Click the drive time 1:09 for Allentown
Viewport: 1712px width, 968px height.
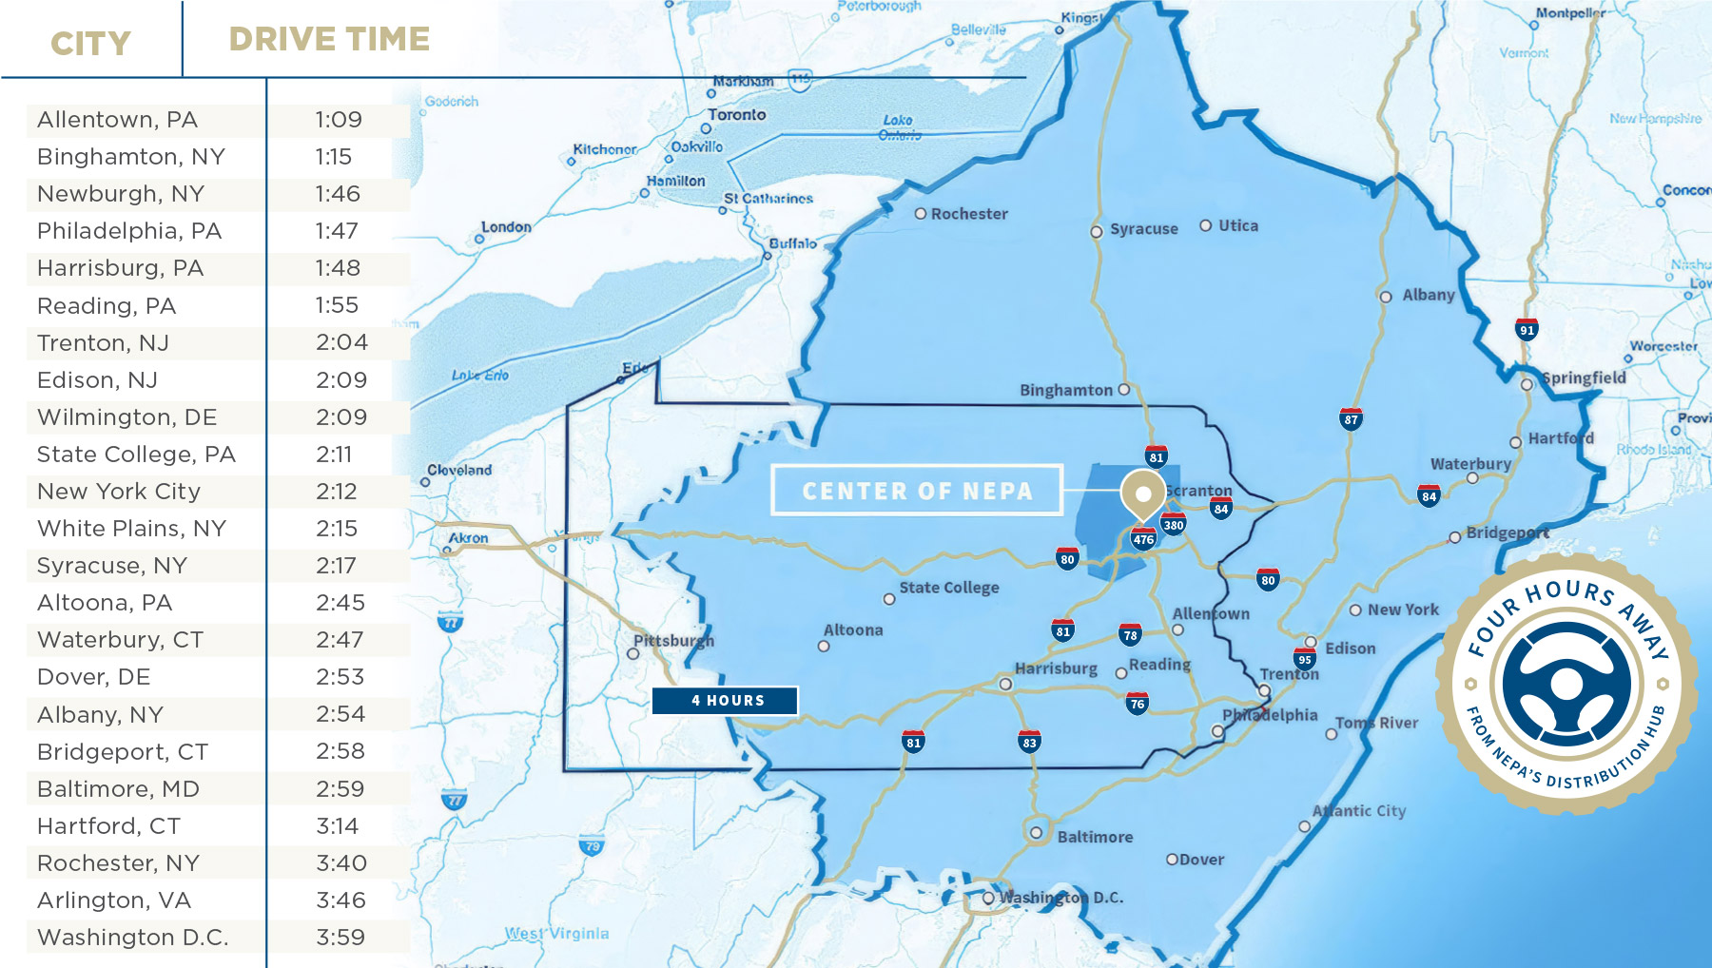pyautogui.click(x=339, y=120)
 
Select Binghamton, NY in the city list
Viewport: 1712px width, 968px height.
pyautogui.click(x=130, y=157)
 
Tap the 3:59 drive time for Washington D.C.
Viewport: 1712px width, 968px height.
pyautogui.click(x=340, y=938)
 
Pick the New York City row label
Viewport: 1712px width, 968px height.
pyautogui.click(x=119, y=492)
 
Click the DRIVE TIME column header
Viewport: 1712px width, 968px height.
pyautogui.click(x=329, y=39)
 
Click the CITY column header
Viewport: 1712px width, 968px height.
pyautogui.click(x=90, y=44)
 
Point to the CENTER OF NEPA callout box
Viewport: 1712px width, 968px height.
pyautogui.click(x=916, y=491)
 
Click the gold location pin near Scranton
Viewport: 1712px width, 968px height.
pyautogui.click(x=1142, y=494)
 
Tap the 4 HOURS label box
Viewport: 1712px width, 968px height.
pyautogui.click(x=725, y=701)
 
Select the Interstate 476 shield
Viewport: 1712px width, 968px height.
pyautogui.click(x=1143, y=539)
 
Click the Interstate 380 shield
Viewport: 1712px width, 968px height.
pyautogui.click(x=1174, y=525)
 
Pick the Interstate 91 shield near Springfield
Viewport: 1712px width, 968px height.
pyautogui.click(x=1527, y=330)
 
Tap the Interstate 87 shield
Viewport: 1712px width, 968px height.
pyautogui.click(x=1351, y=419)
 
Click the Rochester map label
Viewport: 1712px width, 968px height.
pyautogui.click(x=968, y=214)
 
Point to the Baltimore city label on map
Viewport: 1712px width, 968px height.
pyautogui.click(x=1095, y=837)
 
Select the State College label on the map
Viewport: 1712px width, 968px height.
pyautogui.click(x=948, y=588)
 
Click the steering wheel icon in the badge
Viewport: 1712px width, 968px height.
pyautogui.click(x=1566, y=685)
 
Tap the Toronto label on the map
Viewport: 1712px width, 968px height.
pyautogui.click(x=736, y=114)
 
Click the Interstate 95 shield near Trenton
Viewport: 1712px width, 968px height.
pyautogui.click(x=1305, y=659)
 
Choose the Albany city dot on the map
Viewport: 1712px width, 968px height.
pyautogui.click(x=1386, y=297)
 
